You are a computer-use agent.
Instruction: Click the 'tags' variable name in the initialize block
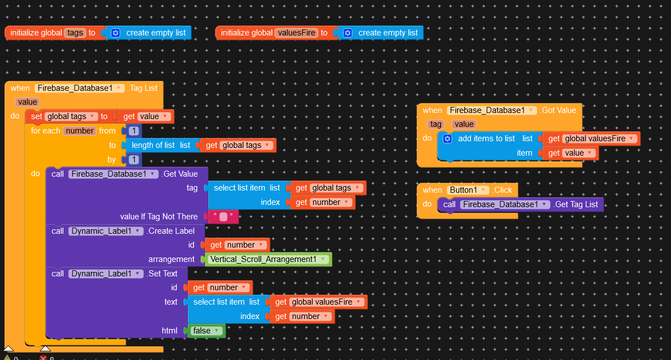click(x=75, y=33)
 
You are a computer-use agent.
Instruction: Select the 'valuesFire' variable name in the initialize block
click(x=296, y=33)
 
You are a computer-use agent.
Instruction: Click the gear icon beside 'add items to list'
click(x=448, y=138)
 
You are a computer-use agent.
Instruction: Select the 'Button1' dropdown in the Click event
click(x=467, y=190)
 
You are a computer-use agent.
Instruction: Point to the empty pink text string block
click(x=223, y=217)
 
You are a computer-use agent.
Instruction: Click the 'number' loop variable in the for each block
click(x=80, y=131)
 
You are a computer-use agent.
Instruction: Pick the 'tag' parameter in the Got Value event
click(x=436, y=124)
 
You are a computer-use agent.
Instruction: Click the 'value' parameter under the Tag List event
click(x=27, y=102)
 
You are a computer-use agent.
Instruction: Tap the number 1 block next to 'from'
click(x=133, y=131)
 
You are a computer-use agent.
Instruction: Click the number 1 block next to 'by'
click(x=133, y=160)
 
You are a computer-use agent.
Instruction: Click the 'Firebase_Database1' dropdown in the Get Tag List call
click(x=504, y=204)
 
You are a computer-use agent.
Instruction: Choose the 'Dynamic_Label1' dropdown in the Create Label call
click(x=106, y=231)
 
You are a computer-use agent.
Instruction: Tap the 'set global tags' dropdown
click(x=71, y=116)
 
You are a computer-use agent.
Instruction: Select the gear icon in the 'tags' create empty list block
click(x=115, y=33)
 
